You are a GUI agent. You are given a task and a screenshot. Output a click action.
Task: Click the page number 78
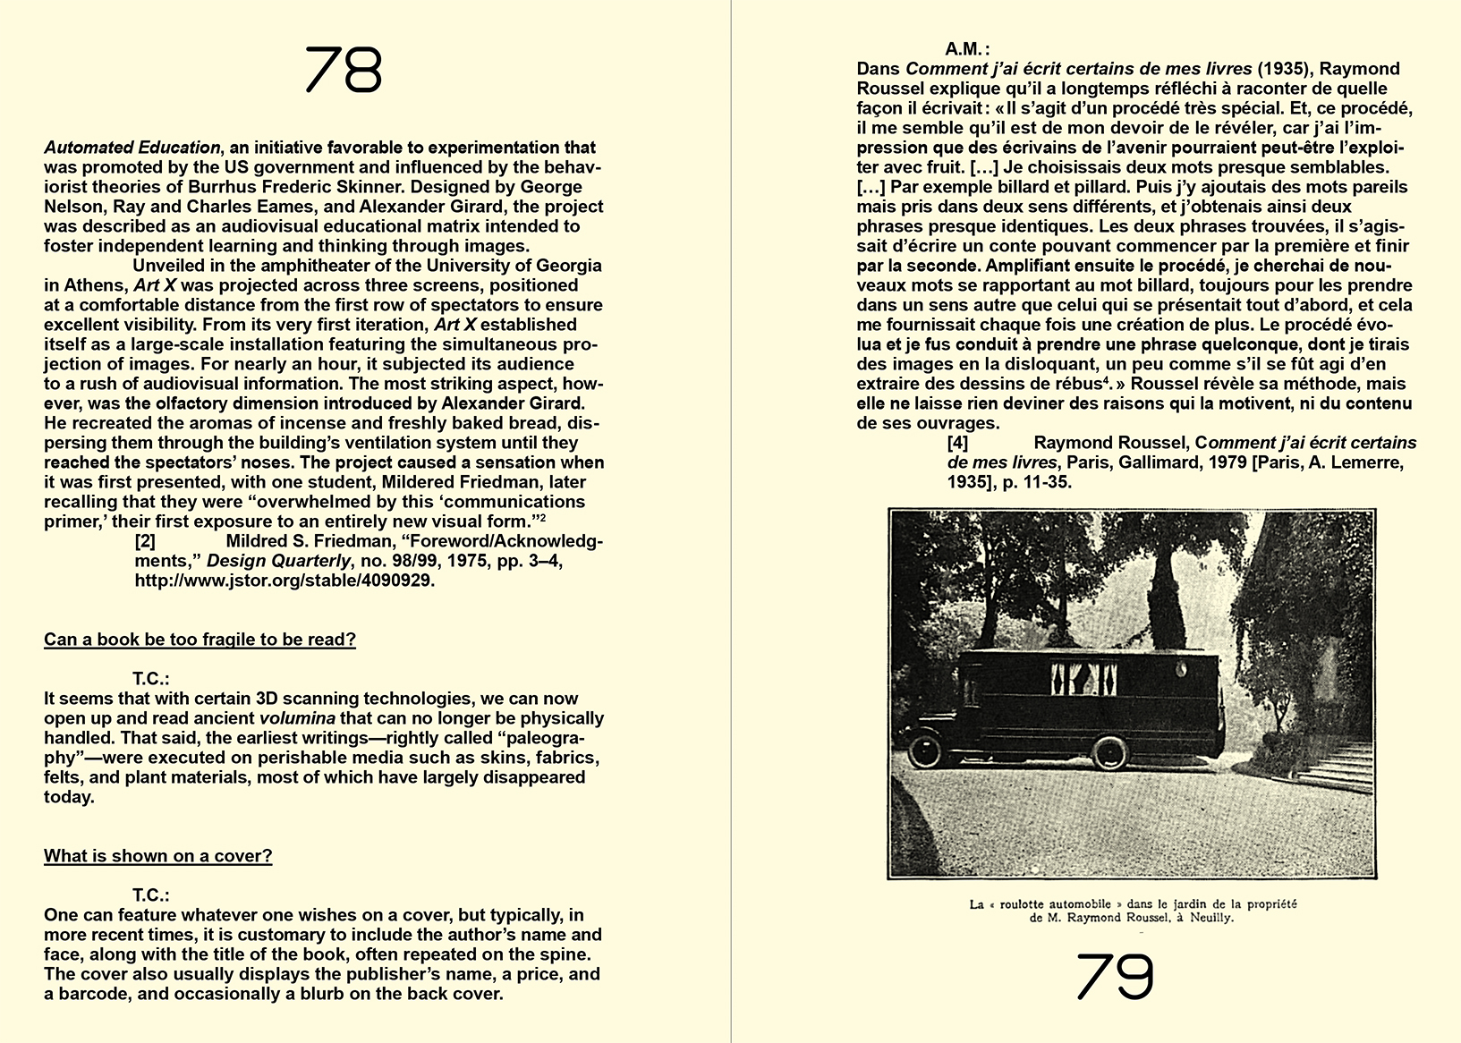344,71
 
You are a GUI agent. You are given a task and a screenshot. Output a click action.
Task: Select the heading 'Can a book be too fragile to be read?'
200,640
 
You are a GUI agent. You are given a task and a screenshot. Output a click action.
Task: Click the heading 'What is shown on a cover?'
157,856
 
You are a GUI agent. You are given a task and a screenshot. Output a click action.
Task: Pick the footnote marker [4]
957,443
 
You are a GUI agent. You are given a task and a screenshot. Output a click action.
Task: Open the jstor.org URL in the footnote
285,581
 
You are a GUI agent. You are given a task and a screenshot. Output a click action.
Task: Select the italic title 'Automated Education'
132,148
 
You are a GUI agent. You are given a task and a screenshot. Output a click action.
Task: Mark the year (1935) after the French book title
1285,69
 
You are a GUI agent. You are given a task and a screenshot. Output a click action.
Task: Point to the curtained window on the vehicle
1083,677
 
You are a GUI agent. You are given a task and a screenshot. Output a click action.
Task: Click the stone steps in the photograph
1338,766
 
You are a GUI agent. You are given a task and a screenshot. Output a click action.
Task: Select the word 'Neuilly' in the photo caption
1210,918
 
